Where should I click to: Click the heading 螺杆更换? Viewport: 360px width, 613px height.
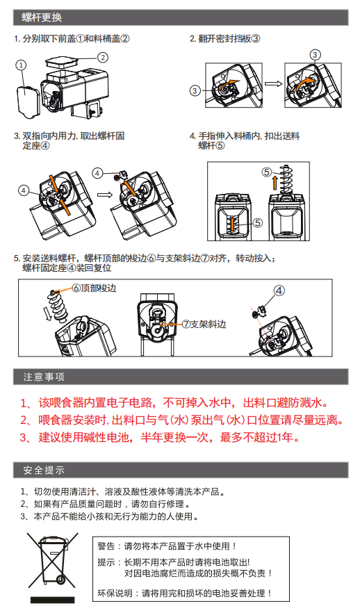(42, 17)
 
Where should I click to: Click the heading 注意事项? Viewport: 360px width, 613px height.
(44, 377)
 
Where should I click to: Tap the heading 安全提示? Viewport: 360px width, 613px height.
(44, 470)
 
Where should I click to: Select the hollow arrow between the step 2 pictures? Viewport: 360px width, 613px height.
(273, 83)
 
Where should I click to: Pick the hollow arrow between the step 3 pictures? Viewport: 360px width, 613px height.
(105, 195)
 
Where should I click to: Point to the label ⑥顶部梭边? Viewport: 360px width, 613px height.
(95, 288)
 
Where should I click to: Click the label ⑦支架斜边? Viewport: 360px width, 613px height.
(204, 324)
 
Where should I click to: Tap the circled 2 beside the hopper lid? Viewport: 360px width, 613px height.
(102, 58)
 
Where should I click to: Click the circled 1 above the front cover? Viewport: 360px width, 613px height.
(21, 65)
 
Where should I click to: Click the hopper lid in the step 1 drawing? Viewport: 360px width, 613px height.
(61, 61)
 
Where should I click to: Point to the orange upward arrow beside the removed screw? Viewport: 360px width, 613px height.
(275, 183)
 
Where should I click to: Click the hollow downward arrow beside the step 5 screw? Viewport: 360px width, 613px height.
(48, 313)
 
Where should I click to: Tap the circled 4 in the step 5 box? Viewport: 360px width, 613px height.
(279, 291)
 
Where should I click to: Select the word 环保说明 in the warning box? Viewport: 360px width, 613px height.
(115, 594)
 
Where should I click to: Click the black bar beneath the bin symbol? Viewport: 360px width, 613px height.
(52, 600)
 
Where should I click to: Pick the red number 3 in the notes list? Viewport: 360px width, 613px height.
(24, 438)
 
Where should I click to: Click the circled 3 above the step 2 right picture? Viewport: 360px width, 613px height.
(315, 55)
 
